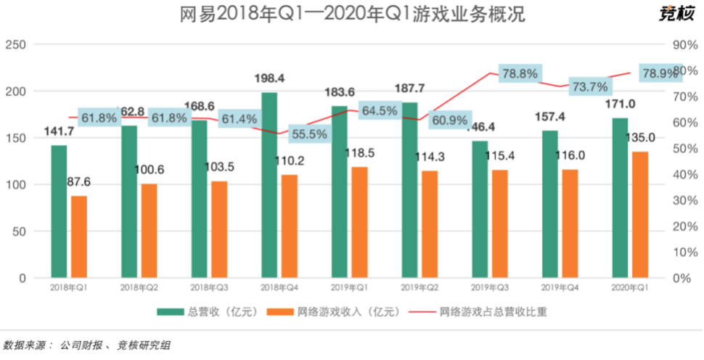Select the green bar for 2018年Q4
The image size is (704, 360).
point(269,185)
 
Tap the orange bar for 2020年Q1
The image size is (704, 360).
point(639,215)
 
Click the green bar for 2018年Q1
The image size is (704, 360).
point(59,211)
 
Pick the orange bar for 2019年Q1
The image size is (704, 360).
point(359,222)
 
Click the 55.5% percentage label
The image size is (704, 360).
point(308,134)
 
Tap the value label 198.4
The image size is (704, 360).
point(270,78)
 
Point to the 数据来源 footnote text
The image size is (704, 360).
point(87,345)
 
